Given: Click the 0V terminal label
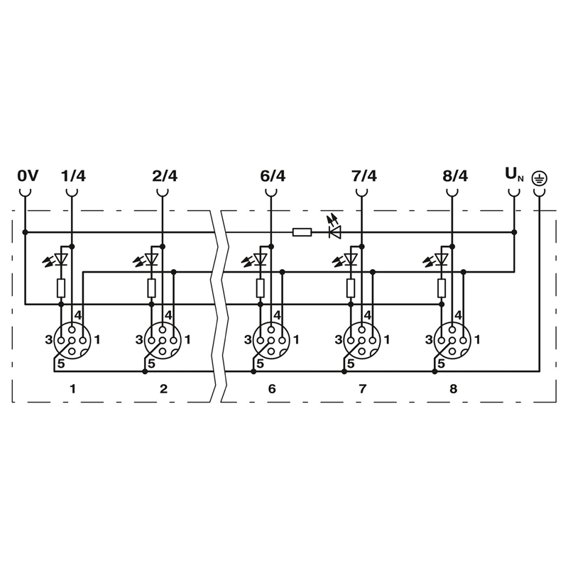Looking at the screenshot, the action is pos(28,176).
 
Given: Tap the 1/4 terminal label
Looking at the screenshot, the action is pos(74,176).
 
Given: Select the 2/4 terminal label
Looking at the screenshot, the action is pos(165,176).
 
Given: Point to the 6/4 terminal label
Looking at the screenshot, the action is pos(273,176).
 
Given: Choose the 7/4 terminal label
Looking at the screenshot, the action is pos(364,176).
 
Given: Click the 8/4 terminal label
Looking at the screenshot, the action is pos(455,176).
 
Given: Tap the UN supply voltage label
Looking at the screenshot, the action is pos(514,175).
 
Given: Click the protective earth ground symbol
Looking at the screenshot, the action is pos(540,178).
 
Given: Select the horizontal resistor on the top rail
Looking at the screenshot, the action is pos(302,232).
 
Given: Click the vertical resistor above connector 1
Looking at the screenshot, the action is pos(61,288).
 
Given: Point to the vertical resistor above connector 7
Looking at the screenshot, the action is pos(351,288).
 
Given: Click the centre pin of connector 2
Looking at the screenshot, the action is pos(163,341).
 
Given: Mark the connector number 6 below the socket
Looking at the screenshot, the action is pos(272,388).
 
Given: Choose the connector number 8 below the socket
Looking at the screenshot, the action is pos(454,388).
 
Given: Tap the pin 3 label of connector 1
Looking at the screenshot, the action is pos(49,340).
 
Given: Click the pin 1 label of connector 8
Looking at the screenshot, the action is pos(477,340).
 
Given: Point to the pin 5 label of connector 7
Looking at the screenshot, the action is pos(350,364).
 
